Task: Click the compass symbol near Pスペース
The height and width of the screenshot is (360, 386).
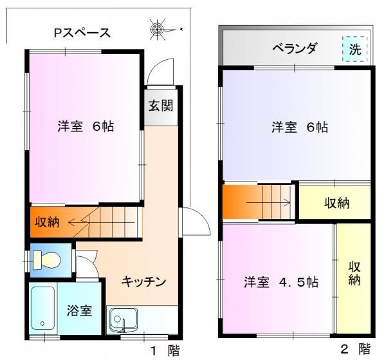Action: point(158,30)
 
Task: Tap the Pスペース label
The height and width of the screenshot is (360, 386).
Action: point(82,33)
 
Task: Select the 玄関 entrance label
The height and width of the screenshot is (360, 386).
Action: point(161,106)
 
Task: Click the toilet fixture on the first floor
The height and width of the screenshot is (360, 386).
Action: point(46,260)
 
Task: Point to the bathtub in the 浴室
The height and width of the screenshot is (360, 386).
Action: point(43,308)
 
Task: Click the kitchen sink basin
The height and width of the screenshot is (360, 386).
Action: point(124,319)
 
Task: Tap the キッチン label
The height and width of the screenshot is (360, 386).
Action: point(144,281)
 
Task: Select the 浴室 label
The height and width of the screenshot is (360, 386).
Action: point(79,310)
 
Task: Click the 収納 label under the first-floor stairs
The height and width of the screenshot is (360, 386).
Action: point(47,222)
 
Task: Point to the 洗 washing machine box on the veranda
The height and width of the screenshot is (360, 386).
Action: point(355,49)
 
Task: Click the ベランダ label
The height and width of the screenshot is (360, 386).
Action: point(295,48)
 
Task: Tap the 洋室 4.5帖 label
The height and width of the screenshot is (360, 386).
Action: point(281,282)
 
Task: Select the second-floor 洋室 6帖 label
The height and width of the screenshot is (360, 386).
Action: point(300,127)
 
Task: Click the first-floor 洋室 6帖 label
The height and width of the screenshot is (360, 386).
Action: point(86,126)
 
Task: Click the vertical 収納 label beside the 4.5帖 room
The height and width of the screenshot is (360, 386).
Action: point(354,274)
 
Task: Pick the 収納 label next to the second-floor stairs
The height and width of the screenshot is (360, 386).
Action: point(336,203)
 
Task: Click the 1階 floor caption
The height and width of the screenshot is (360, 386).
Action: point(165,350)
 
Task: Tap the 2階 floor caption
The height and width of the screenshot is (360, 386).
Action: point(356,349)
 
